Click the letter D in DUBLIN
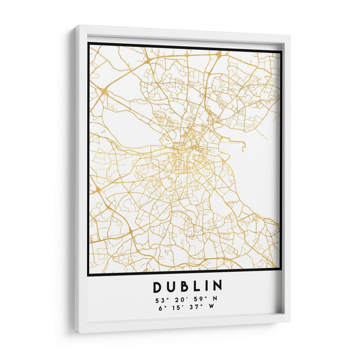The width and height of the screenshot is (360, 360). click(157, 287)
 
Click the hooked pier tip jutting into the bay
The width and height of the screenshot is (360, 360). click(243, 146)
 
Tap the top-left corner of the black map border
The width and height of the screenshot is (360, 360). click(89, 44)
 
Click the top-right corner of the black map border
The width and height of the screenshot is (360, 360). click(282, 51)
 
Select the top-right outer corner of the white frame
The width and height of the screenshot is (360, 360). click(290, 36)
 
